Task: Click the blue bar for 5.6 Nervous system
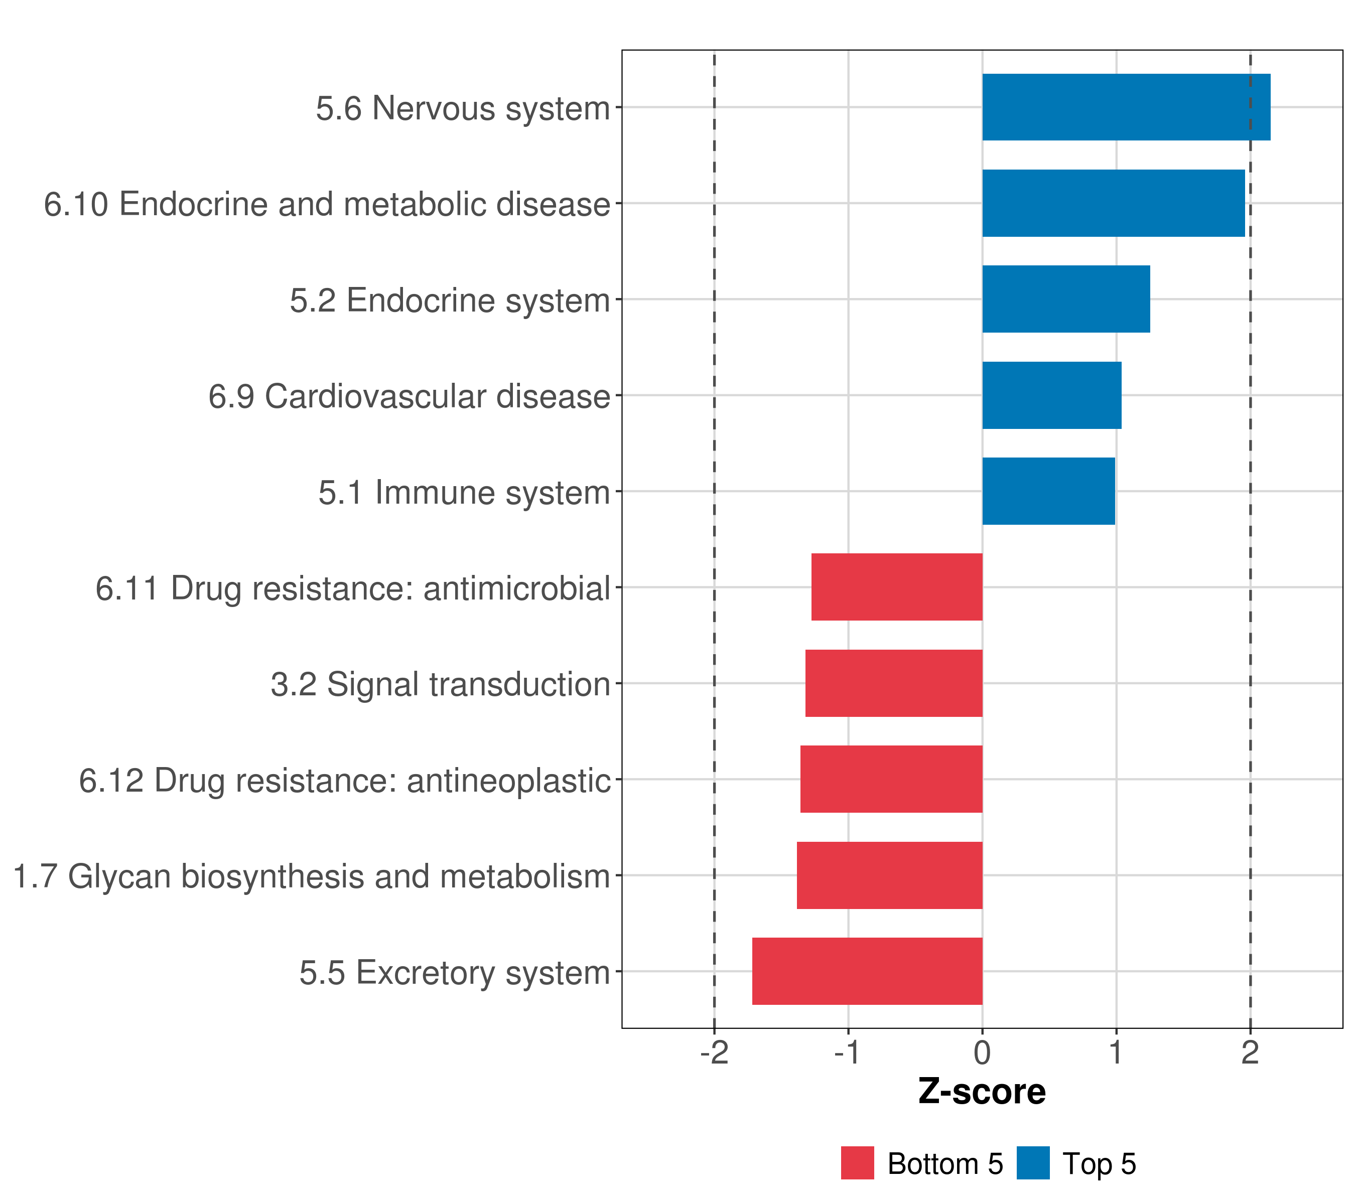click(1126, 107)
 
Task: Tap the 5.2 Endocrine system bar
click(1065, 299)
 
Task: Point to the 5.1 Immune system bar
click(1048, 491)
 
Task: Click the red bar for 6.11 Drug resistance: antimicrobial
click(896, 586)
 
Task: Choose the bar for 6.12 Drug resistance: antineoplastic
click(891, 779)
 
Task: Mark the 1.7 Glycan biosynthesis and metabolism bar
click(889, 875)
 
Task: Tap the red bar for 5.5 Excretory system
click(867, 971)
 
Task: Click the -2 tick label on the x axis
click(714, 1052)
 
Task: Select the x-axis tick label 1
click(1116, 1052)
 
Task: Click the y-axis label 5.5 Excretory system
click(454, 972)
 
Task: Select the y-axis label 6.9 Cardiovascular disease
click(409, 396)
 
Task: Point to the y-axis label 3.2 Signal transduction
click(440, 684)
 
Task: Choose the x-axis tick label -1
click(847, 1052)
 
